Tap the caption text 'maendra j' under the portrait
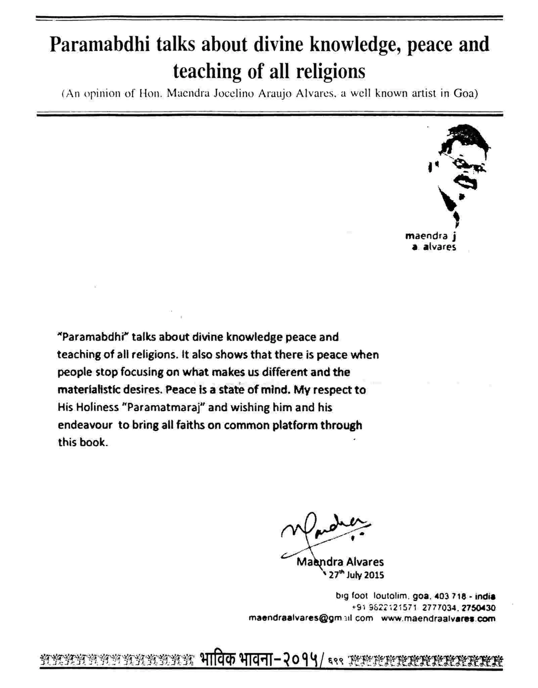tap(430, 236)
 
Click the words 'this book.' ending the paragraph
tap(83, 442)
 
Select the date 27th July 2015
tap(356, 575)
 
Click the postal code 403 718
tap(450, 596)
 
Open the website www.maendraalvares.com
tap(438, 618)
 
